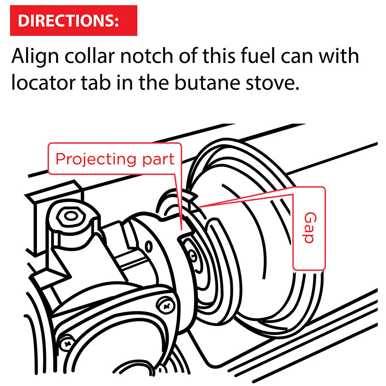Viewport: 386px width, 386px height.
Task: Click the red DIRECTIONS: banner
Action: tap(74, 20)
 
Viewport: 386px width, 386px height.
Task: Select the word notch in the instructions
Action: tap(147, 56)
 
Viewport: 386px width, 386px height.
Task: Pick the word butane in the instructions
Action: tap(207, 82)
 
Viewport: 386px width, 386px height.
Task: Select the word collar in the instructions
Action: tap(90, 56)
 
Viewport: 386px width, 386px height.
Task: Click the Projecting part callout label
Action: tap(115, 159)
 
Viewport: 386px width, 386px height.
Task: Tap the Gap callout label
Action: tap(309, 228)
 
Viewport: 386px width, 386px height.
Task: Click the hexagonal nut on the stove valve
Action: tap(71, 216)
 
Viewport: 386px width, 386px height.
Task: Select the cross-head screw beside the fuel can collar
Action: tap(166, 306)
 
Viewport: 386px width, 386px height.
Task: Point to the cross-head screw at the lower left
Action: tap(67, 343)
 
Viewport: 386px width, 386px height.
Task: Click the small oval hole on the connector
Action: tap(148, 246)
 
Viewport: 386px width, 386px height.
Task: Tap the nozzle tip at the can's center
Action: tap(193, 256)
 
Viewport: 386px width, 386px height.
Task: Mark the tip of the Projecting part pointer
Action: tap(182, 230)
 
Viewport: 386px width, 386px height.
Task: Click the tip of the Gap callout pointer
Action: tap(200, 206)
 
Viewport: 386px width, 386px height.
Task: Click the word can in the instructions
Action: tap(296, 58)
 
